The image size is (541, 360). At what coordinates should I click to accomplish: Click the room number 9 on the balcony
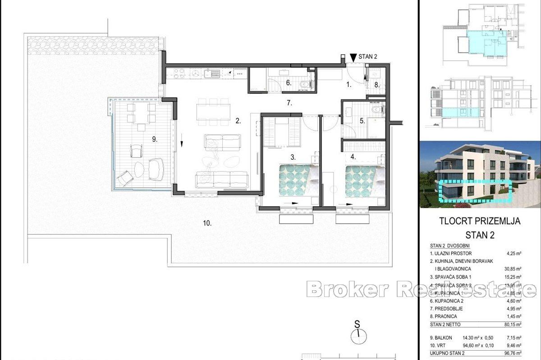[155, 139]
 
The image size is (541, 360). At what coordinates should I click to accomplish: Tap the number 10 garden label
[207, 223]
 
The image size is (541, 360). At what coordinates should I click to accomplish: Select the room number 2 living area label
[238, 121]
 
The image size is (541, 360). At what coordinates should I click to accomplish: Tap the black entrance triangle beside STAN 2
[353, 57]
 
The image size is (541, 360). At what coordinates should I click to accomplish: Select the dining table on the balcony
[139, 113]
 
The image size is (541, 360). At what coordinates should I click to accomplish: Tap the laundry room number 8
[377, 85]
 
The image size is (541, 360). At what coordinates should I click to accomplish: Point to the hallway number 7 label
[289, 103]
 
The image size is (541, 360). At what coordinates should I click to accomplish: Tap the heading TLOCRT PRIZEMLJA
[480, 221]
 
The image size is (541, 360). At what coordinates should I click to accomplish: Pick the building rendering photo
[480, 174]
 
